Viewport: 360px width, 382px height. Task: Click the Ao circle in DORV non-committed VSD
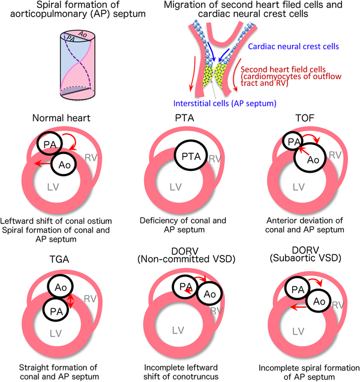(207, 294)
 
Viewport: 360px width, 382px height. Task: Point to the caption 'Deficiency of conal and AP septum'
(179, 224)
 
